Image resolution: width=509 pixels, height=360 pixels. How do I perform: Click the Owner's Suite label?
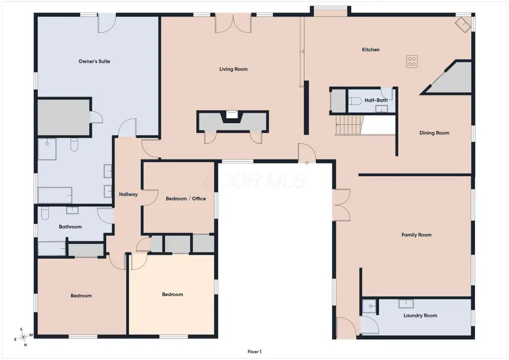tap(94, 61)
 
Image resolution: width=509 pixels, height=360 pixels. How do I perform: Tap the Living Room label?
tap(234, 69)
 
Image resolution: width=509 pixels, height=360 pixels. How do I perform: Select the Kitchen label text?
tap(370, 50)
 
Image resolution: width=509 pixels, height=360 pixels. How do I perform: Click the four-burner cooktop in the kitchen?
tap(412, 62)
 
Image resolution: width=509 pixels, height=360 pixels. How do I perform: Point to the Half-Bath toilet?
tap(355, 101)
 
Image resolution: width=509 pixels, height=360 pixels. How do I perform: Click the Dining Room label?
tap(434, 133)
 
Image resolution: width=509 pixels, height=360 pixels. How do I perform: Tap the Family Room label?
tap(416, 235)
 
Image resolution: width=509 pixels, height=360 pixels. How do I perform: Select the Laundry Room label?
tap(420, 315)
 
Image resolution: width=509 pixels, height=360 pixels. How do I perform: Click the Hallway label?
tap(128, 194)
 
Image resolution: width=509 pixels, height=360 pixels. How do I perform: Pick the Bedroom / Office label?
tap(186, 198)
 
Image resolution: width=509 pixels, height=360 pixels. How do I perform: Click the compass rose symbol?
tap(23, 337)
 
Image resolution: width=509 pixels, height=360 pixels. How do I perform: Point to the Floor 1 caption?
tap(255, 352)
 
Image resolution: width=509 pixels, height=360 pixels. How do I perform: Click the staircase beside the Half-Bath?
tap(349, 125)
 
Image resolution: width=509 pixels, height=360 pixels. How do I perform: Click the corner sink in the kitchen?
tap(463, 25)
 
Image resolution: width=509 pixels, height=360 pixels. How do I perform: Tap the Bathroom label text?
tap(71, 227)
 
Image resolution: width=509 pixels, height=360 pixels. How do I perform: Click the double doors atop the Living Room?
tap(233, 23)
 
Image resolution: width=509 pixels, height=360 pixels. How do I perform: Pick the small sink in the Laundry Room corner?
tap(370, 306)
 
